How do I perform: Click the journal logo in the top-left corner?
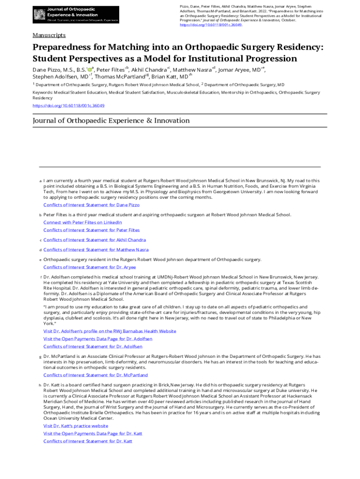tap(75, 15)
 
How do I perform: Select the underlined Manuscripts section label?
tap(49, 36)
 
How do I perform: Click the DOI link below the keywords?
tap(68, 106)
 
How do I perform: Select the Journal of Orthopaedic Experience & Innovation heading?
tap(111, 121)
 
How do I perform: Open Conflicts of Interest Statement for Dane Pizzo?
tap(91, 205)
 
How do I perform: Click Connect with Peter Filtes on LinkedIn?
tap(82, 222)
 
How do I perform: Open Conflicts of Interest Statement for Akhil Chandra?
tap(94, 240)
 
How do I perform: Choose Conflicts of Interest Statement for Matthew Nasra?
tap(96, 250)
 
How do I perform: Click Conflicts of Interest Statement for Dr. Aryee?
tap(89, 267)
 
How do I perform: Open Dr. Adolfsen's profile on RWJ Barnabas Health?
tap(109, 331)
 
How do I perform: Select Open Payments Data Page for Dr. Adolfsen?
tap(97, 339)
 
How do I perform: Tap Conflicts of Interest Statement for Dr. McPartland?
tap(95, 375)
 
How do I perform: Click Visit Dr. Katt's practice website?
tap(75, 426)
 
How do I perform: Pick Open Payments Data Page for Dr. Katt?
tap(93, 434)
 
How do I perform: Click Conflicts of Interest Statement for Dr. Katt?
tap(88, 441)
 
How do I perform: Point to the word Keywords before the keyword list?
tap(43, 93)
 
